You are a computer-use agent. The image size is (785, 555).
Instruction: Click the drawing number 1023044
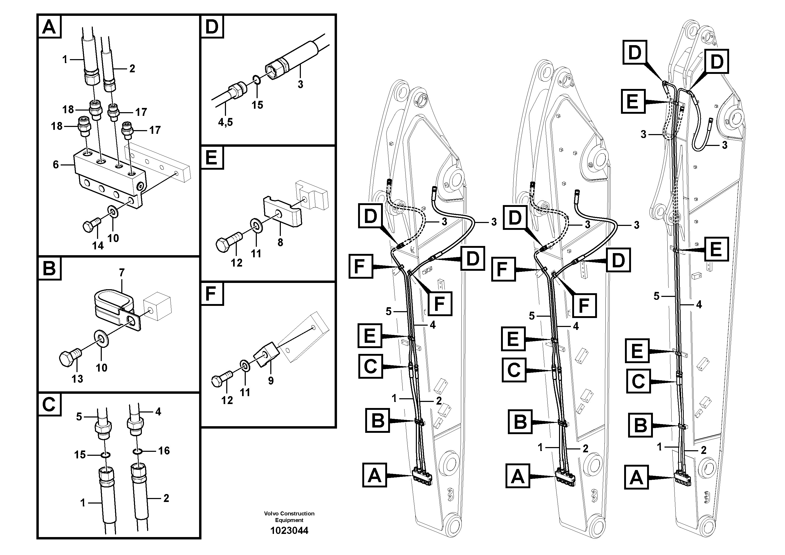289,530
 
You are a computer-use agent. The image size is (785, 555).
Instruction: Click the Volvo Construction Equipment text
289,517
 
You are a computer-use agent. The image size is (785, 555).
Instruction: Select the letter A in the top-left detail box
49,27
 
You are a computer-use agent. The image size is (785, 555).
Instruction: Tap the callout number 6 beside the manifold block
56,165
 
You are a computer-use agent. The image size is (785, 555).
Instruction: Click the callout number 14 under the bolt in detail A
98,245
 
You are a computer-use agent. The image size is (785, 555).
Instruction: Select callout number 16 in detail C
164,451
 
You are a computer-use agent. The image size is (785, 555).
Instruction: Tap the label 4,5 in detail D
225,122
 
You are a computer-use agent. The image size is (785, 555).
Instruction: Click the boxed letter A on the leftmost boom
374,475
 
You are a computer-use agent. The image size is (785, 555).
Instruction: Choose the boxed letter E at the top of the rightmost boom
633,101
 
